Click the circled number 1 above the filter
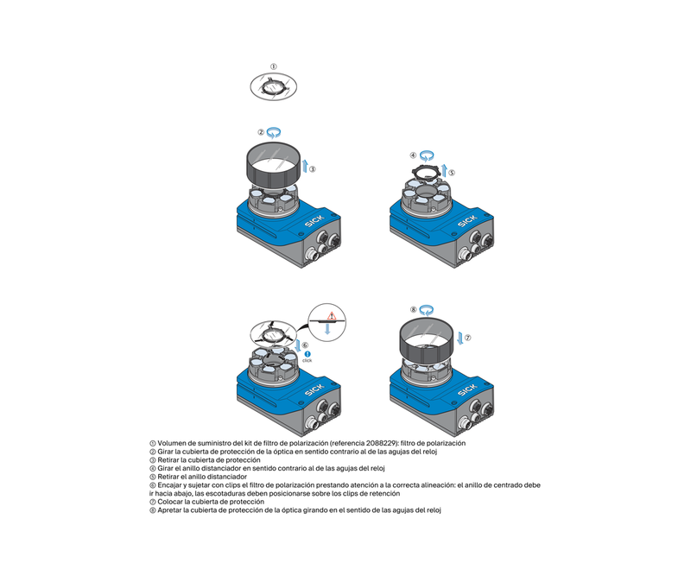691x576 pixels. point(273,67)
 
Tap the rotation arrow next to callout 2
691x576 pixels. point(274,132)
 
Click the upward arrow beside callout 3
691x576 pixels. point(304,168)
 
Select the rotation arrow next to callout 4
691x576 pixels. point(426,155)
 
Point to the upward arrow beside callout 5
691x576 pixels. point(444,170)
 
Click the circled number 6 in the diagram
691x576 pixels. point(305,345)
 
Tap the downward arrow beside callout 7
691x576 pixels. point(460,338)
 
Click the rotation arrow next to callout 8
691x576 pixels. point(426,310)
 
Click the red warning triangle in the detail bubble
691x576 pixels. point(332,315)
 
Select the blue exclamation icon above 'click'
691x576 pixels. point(307,354)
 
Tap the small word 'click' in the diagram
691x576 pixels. point(307,360)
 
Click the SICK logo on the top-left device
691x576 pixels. point(314,221)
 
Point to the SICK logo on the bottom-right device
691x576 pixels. point(467,390)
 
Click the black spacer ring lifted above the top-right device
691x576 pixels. point(426,172)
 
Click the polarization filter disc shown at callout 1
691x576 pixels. point(273,86)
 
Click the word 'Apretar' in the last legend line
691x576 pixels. point(169,510)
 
